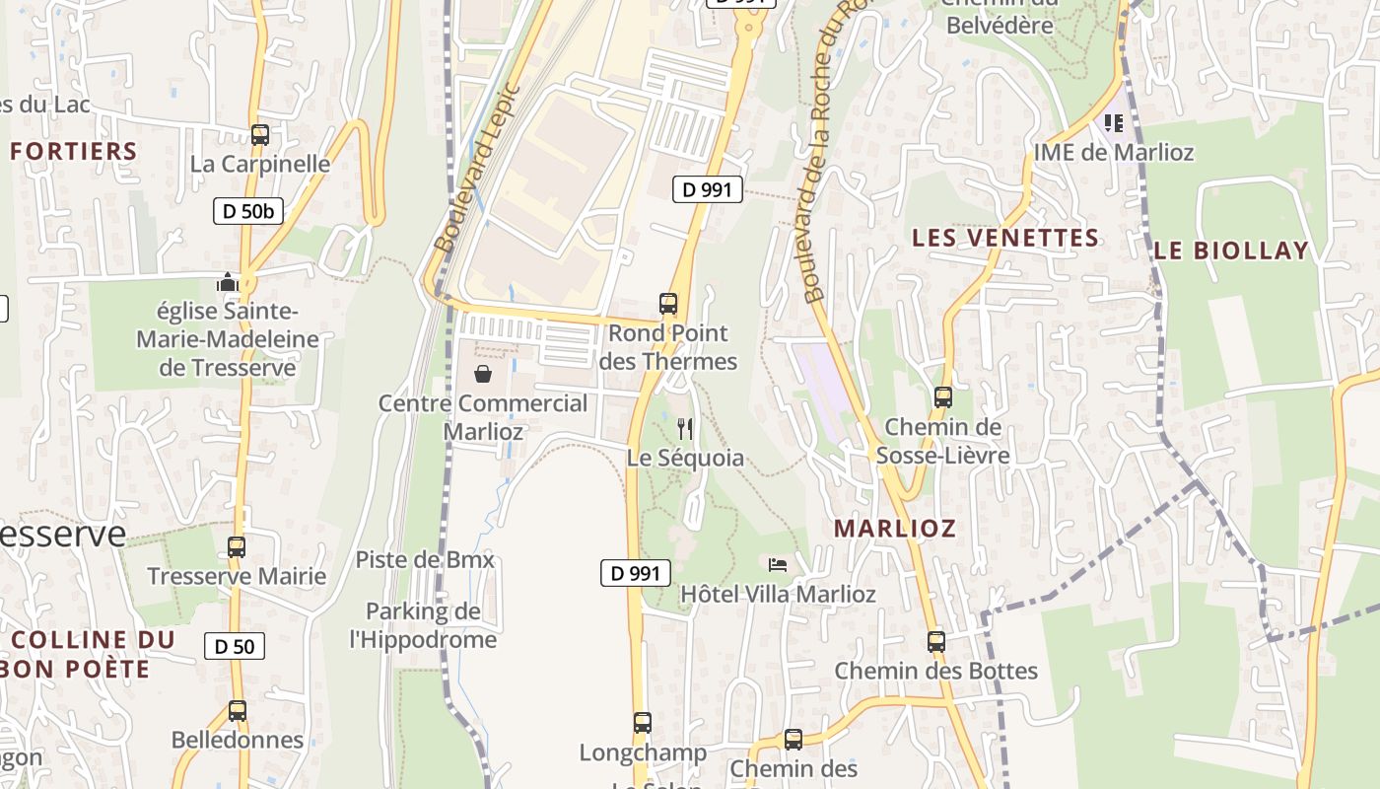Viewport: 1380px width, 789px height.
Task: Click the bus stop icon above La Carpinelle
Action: (260, 135)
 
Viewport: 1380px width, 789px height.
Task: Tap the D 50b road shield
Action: (248, 210)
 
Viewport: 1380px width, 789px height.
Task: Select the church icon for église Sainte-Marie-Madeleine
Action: (228, 284)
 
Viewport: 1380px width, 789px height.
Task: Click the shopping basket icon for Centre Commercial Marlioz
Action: (483, 374)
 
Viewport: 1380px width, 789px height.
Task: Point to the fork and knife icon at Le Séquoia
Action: (686, 429)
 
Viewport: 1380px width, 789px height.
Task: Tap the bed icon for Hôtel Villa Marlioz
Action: (778, 565)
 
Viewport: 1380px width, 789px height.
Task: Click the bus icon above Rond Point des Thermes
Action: (668, 304)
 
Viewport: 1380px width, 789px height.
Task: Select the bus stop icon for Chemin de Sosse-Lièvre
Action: (943, 397)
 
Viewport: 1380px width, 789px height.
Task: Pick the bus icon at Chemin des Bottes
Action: (936, 642)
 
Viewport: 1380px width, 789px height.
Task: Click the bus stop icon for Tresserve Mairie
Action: (237, 547)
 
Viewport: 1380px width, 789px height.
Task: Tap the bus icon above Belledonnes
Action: (238, 711)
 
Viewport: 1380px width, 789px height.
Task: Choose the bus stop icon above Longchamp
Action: (643, 723)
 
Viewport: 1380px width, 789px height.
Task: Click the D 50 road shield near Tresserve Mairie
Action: (235, 647)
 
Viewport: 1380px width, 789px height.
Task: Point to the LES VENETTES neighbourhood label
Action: (1005, 238)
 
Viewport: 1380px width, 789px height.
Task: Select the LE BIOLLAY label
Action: (1231, 251)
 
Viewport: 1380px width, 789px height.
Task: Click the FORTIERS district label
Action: (74, 151)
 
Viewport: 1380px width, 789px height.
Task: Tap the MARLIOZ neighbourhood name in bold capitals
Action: (895, 528)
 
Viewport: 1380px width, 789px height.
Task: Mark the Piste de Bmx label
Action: (425, 560)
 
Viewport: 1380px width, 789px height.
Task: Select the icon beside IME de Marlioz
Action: (1114, 123)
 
